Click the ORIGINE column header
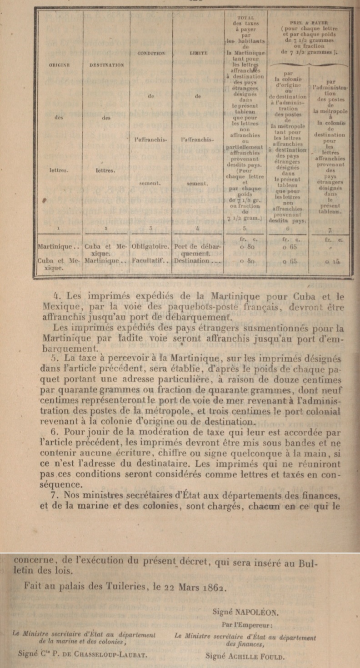point(59,65)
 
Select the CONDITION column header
point(150,53)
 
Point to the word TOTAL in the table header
point(245,16)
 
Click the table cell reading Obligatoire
point(150,246)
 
